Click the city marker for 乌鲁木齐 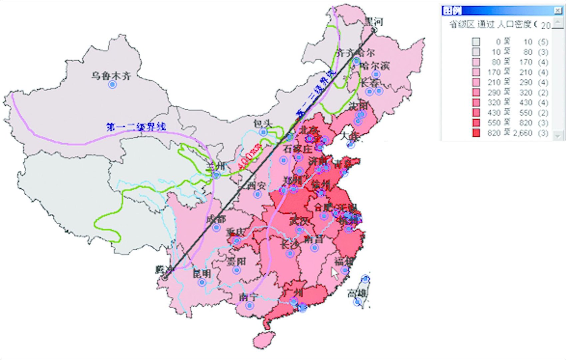[x=113, y=84]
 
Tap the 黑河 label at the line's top [x=373, y=22]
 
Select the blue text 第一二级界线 [x=136, y=127]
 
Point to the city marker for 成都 [x=216, y=228]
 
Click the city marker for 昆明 [x=202, y=282]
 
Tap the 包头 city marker [x=264, y=132]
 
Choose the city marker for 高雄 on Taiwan [x=357, y=302]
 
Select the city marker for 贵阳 [x=237, y=270]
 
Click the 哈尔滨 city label [x=375, y=66]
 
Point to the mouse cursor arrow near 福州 [x=334, y=274]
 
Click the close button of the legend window [x=558, y=11]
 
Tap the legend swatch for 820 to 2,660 [x=476, y=133]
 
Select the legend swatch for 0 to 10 [x=476, y=42]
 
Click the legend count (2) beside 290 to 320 [x=543, y=93]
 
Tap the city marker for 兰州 [x=217, y=175]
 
